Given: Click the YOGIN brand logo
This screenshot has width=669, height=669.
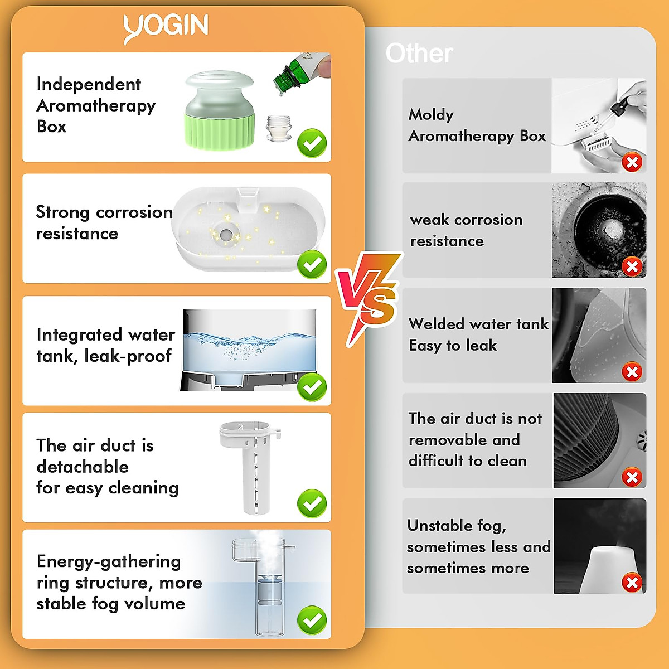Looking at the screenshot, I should [166, 28].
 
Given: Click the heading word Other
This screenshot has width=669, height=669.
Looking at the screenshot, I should [419, 54].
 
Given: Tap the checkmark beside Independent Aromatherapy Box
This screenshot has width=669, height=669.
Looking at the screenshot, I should [312, 143].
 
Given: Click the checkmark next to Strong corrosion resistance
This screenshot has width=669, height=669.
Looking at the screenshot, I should [312, 264].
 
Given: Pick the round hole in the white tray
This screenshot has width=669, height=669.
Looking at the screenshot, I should [226, 235].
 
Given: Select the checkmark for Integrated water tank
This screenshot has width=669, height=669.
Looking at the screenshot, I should [312, 386].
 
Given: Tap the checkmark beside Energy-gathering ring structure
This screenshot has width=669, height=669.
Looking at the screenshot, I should [312, 619].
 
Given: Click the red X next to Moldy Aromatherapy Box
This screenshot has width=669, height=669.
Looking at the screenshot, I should [632, 163].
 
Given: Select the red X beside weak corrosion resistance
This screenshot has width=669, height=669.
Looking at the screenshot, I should [632, 266].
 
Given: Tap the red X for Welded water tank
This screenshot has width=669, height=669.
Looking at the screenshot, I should [632, 372].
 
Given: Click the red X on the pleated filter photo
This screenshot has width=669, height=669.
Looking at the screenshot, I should [632, 477].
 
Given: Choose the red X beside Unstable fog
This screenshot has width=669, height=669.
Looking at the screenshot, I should [632, 583].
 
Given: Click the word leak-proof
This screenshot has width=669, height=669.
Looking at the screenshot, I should [128, 356].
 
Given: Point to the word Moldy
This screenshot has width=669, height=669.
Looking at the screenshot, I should [431, 115].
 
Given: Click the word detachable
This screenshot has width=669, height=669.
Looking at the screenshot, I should [83, 467].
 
